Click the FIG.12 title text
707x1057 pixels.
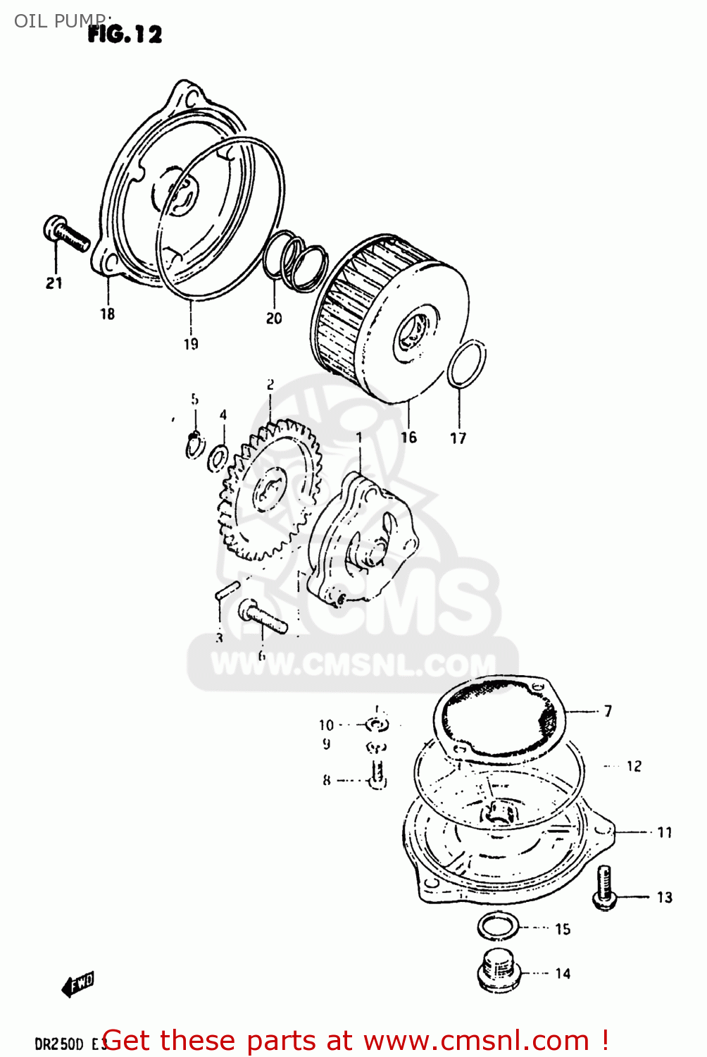125,34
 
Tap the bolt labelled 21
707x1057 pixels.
66,234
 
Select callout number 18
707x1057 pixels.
107,314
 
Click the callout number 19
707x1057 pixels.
191,344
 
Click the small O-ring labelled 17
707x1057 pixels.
466,364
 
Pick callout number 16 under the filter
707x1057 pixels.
408,437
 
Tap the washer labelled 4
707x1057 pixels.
218,459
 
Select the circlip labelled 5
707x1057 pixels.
194,445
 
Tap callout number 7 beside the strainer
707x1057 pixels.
608,711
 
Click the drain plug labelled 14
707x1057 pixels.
499,973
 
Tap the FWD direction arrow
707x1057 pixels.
78,984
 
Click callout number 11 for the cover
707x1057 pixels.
665,832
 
